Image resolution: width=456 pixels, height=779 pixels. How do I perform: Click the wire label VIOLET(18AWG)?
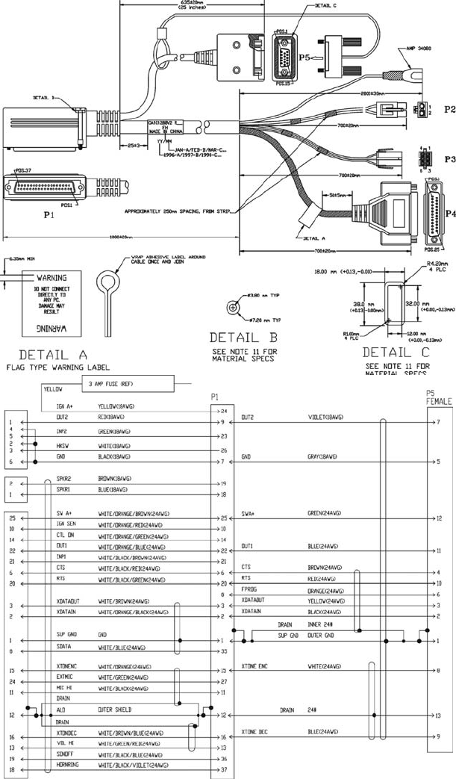[x=325, y=417]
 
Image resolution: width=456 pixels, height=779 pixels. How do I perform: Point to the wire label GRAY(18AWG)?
[x=323, y=456]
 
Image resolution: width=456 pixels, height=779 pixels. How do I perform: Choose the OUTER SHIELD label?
[x=115, y=711]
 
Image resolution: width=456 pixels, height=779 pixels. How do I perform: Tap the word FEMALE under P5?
[x=439, y=401]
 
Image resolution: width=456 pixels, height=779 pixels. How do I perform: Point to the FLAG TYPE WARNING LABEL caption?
[x=56, y=367]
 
